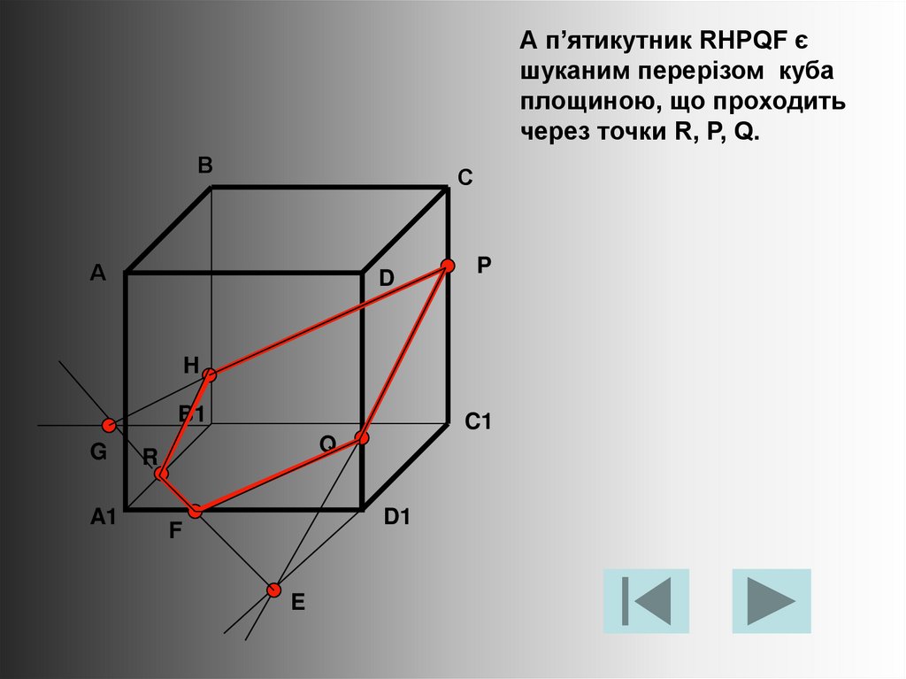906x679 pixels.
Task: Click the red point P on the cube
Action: click(x=448, y=266)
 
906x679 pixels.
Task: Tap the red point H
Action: click(x=209, y=375)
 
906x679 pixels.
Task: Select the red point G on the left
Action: click(x=108, y=426)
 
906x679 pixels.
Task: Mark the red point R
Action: click(x=161, y=475)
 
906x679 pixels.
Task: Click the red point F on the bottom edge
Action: click(x=196, y=511)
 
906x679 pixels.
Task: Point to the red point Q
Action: click(x=361, y=437)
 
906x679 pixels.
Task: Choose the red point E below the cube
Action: click(x=274, y=590)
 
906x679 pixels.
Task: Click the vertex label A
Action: click(x=97, y=274)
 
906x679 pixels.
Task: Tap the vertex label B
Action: click(x=204, y=166)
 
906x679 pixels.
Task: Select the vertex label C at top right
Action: click(x=465, y=179)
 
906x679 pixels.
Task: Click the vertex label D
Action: click(x=387, y=279)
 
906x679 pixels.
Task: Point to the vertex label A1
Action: click(x=103, y=519)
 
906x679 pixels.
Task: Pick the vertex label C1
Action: click(x=478, y=423)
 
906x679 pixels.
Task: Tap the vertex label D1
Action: click(x=397, y=519)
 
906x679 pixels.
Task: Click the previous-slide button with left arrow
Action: click(x=646, y=601)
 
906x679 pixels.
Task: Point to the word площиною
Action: click(x=581, y=103)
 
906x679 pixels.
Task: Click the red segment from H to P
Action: click(x=328, y=320)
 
